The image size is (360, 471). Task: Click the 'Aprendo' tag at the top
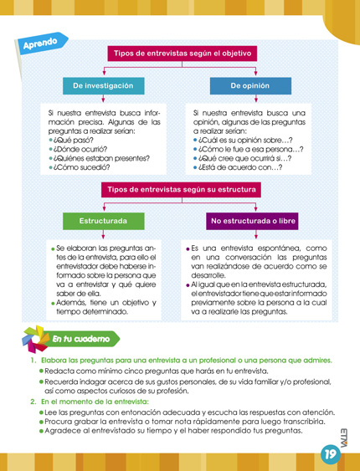[x=41, y=43]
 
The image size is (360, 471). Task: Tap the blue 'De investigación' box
[x=103, y=86]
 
